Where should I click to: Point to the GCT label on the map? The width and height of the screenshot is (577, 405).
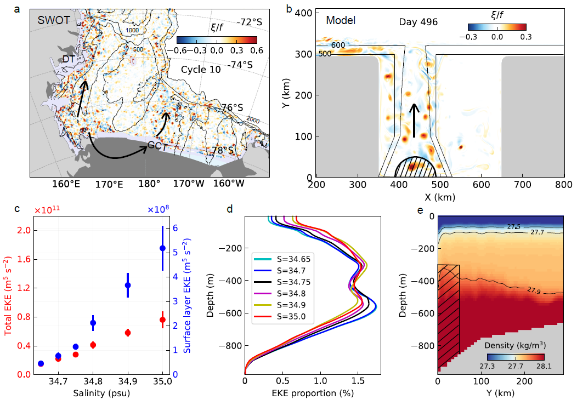click(157, 146)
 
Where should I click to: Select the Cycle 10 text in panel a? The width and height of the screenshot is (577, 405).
click(201, 70)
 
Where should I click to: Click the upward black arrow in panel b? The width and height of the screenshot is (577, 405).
click(415, 120)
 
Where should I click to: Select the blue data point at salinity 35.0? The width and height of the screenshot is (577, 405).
click(162, 248)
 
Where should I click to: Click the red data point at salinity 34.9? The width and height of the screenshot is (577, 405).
click(128, 333)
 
